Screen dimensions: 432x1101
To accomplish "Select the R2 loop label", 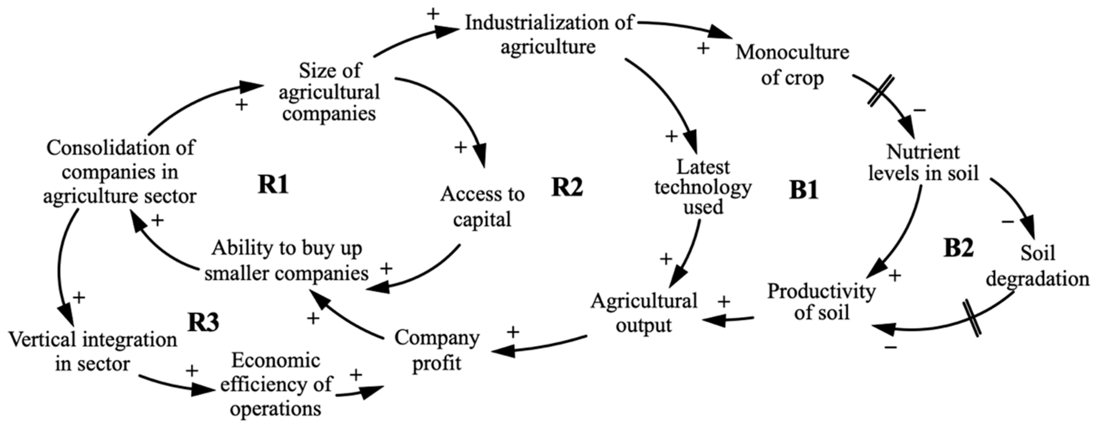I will click(567, 187).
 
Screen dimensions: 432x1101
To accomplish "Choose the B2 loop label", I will click(958, 247).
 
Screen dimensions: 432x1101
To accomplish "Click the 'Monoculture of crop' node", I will click(792, 65).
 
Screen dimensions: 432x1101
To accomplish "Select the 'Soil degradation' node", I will click(1037, 266).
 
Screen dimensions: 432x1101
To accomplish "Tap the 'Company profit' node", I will click(437, 350).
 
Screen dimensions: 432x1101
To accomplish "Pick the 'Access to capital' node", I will click(482, 207).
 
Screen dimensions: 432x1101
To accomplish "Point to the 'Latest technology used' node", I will click(702, 187).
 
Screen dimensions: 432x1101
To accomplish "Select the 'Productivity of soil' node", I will click(821, 302).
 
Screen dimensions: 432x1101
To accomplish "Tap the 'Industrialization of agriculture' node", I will click(549, 34).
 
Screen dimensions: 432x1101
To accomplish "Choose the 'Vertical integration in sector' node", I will click(93, 352).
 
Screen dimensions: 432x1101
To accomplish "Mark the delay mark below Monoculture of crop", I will click(881, 90).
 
